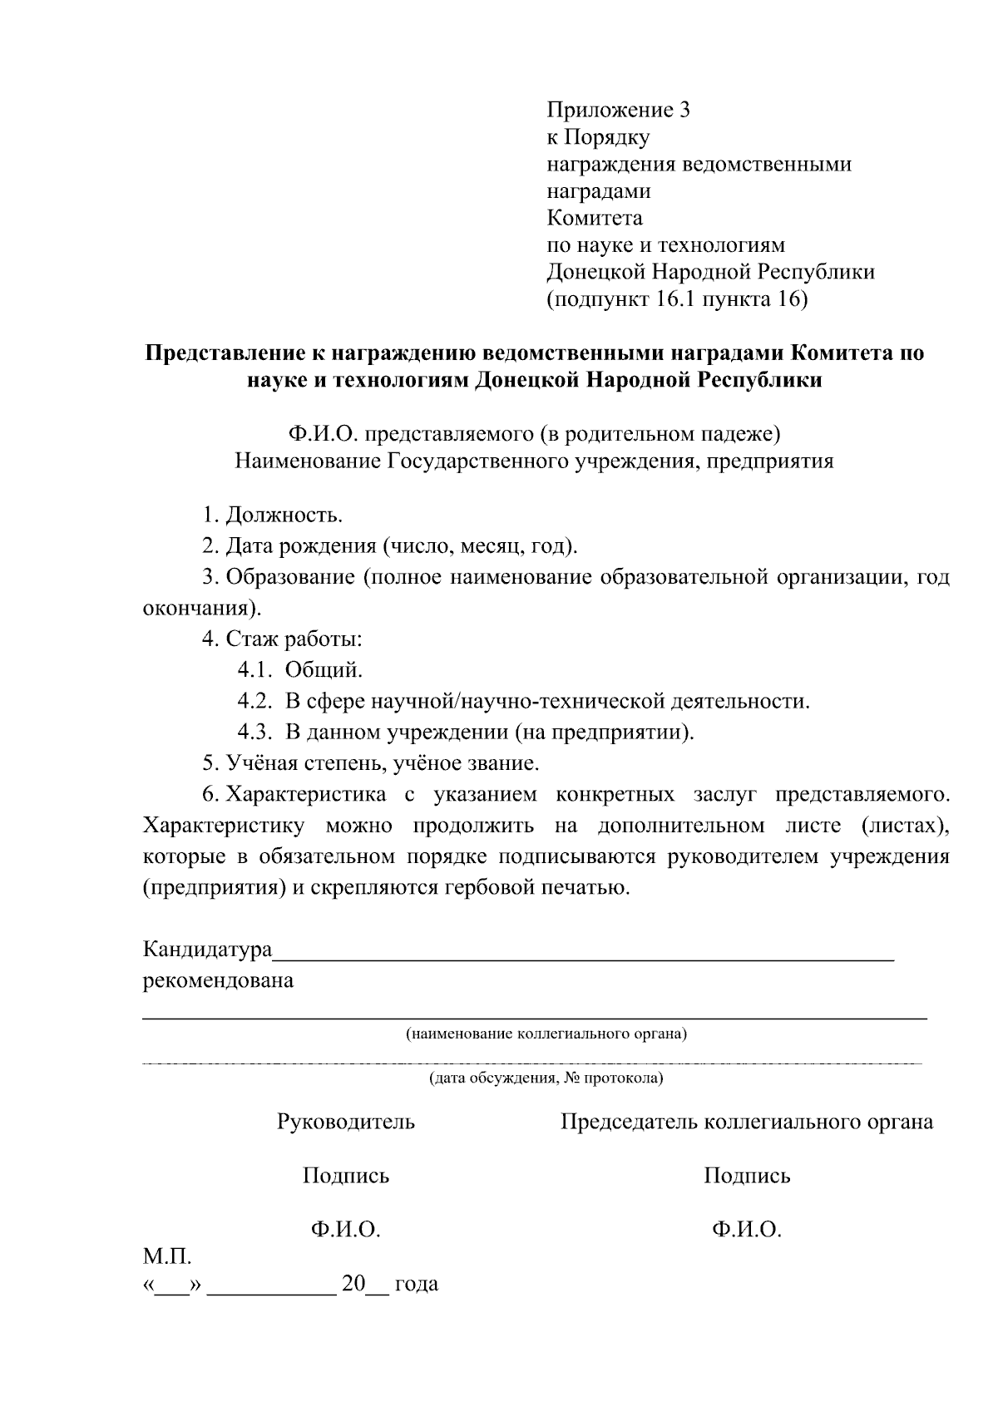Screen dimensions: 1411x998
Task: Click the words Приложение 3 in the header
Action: point(618,110)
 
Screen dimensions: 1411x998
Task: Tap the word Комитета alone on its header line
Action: point(595,218)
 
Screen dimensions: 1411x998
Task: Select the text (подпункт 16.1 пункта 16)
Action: point(677,299)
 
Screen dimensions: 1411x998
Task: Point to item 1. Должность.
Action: point(272,516)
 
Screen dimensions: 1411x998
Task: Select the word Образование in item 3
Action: point(291,577)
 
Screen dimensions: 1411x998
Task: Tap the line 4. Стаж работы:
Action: point(282,639)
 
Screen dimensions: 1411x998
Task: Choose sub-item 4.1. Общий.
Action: point(300,670)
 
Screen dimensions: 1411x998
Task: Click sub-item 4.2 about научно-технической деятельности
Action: point(523,701)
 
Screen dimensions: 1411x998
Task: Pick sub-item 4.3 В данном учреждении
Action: point(466,732)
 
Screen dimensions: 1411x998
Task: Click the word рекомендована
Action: point(219,980)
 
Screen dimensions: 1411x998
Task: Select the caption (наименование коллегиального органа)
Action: point(546,1034)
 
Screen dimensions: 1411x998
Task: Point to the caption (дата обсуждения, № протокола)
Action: point(546,1078)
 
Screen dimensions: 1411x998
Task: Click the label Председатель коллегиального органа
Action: point(746,1122)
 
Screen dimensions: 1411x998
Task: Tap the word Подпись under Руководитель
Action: point(345,1176)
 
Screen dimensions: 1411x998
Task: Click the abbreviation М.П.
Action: point(167,1255)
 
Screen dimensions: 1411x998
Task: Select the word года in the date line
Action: point(416,1284)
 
